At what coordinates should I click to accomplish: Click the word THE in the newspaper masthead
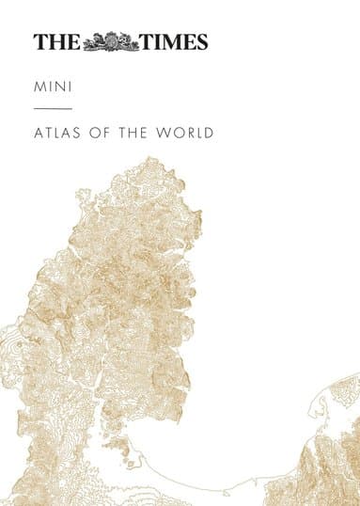[x=56, y=41]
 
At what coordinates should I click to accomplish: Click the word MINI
[x=50, y=87]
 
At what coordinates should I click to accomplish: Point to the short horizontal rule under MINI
[x=46, y=110]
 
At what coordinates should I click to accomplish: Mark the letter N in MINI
[x=55, y=87]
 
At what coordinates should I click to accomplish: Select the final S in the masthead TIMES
[x=200, y=41]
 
